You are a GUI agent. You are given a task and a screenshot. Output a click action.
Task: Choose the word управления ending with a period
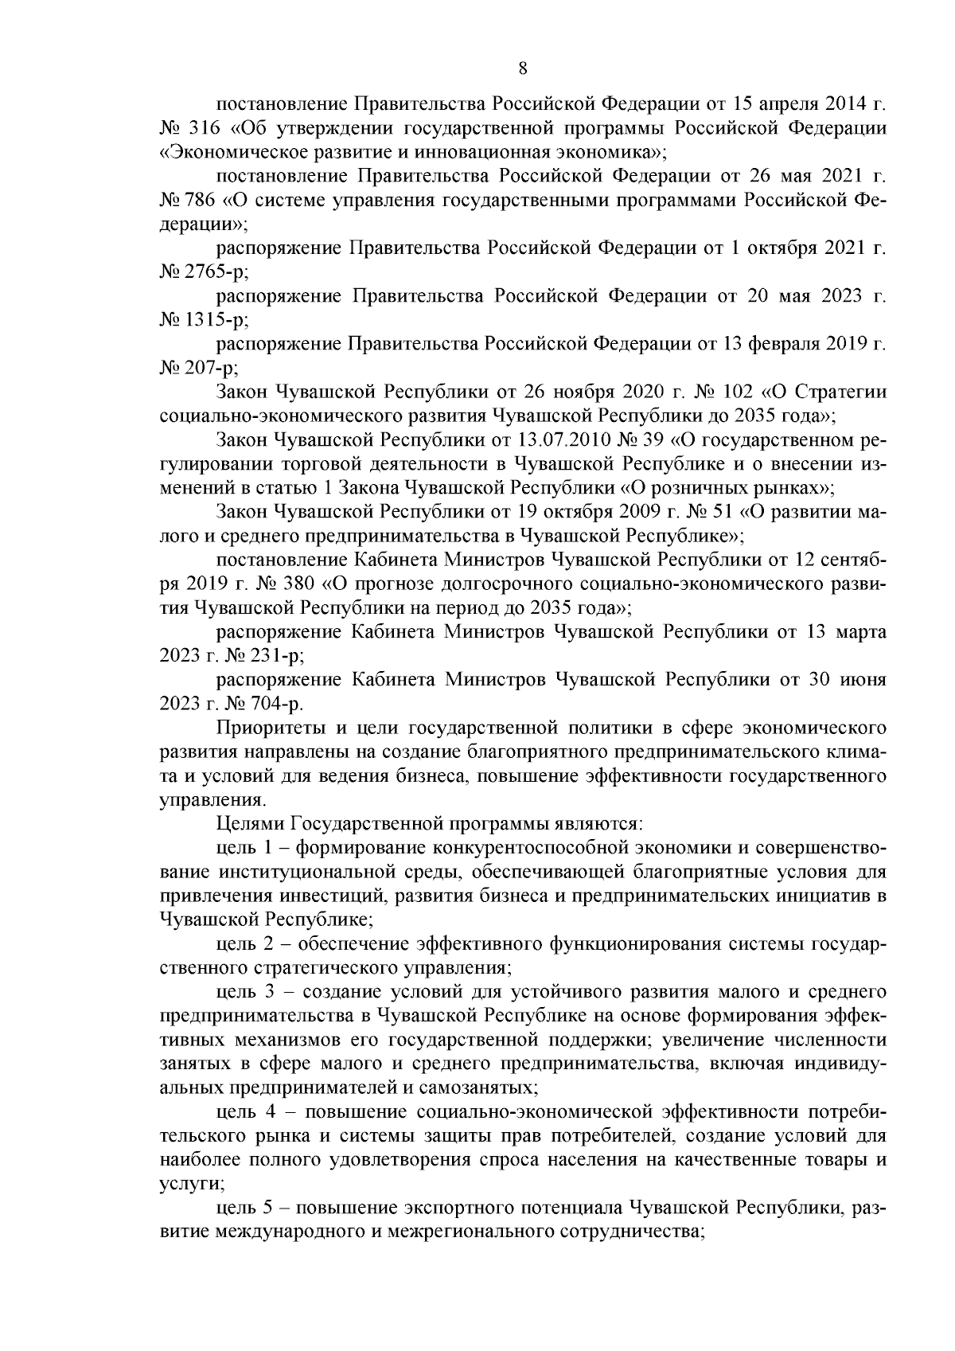(x=207, y=799)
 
